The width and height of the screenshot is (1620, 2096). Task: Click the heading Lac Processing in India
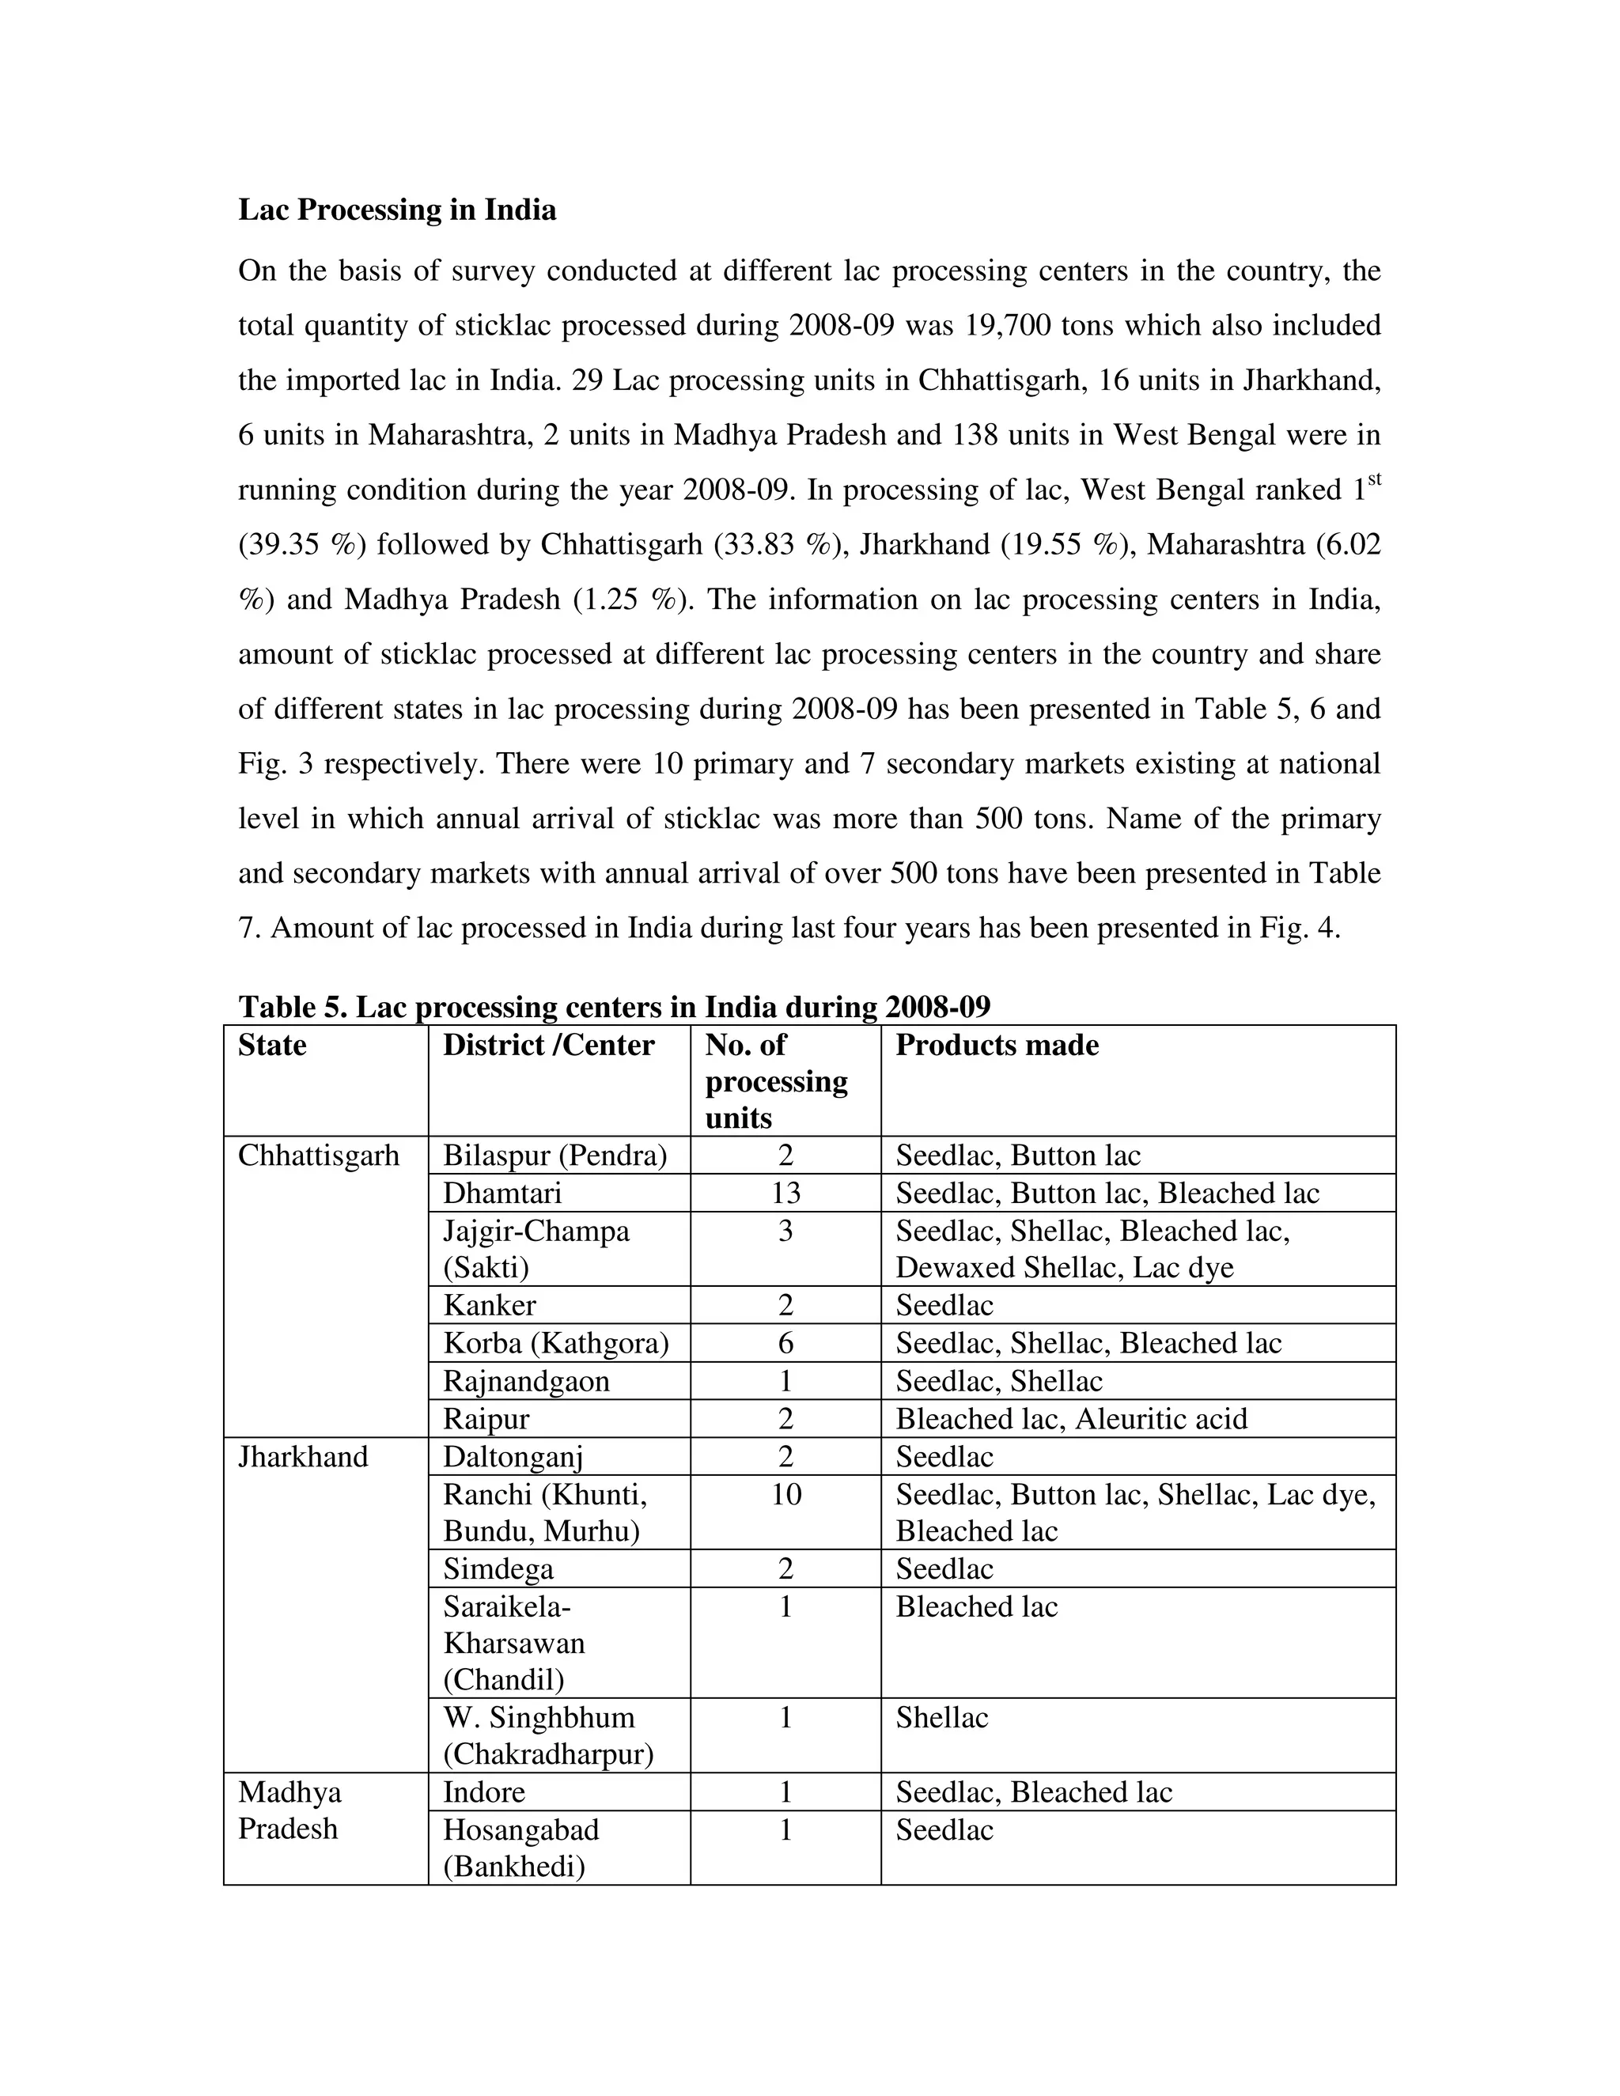click(396, 210)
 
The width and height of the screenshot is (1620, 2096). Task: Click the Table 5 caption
click(614, 1007)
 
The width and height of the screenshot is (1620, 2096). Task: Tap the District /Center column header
click(548, 1045)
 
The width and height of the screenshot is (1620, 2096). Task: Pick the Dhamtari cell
click(502, 1193)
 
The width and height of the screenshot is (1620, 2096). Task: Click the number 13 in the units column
click(785, 1193)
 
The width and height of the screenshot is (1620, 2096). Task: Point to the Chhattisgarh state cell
click(319, 1156)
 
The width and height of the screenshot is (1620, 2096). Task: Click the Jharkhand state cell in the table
click(303, 1457)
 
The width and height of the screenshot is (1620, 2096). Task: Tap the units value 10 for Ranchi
click(785, 1494)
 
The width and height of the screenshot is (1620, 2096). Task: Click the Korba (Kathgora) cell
click(555, 1344)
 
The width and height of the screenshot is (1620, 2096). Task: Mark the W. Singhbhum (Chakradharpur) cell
click(548, 1736)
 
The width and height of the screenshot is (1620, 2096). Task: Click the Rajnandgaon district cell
click(526, 1382)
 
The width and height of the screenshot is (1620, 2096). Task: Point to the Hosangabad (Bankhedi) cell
click(521, 1848)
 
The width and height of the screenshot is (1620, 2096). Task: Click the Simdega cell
click(498, 1569)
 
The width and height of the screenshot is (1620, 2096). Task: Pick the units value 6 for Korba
click(785, 1344)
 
